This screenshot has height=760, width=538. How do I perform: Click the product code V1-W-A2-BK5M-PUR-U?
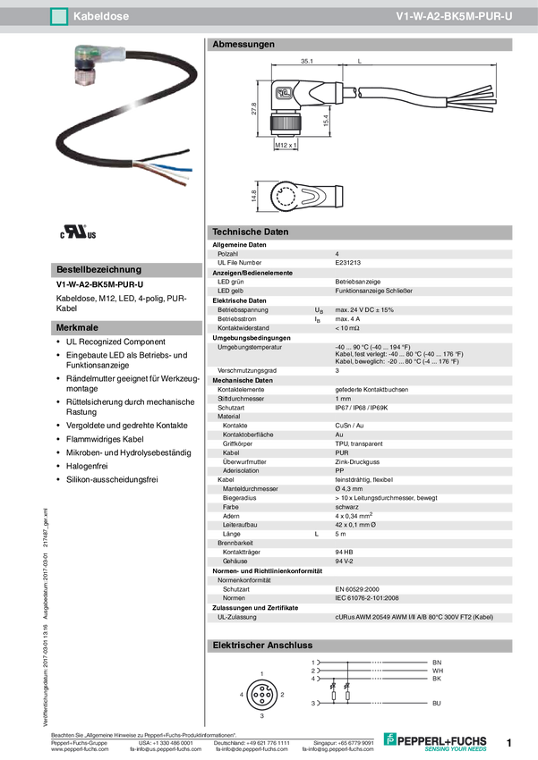[x=454, y=16]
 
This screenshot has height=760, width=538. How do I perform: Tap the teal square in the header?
[x=59, y=16]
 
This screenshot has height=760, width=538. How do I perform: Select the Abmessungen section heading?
[x=243, y=44]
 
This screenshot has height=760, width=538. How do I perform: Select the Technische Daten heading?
[x=251, y=232]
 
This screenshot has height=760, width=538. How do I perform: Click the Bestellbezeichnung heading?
[x=98, y=269]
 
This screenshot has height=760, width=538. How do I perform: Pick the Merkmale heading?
[x=77, y=328]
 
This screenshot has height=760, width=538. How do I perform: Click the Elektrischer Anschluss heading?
[x=260, y=644]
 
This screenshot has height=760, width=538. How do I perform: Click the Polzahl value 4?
[x=337, y=254]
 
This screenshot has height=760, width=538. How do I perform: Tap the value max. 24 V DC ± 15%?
[x=364, y=309]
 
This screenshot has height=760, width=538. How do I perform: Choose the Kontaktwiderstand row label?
[x=244, y=328]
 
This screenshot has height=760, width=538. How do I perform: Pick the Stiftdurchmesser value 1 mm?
[x=343, y=398]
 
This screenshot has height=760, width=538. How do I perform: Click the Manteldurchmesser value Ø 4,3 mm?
[x=349, y=489]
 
